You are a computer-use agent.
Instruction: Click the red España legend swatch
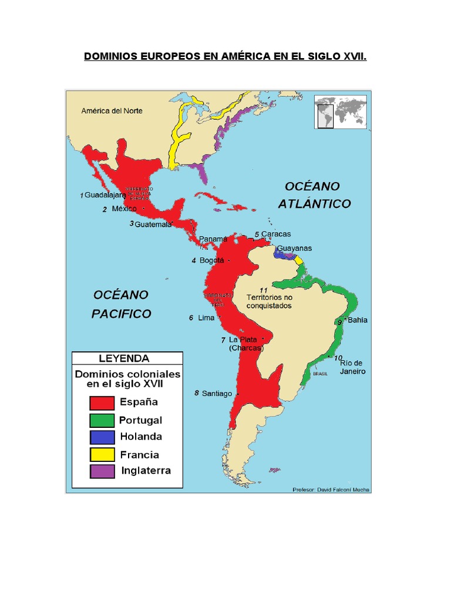[x=101, y=403]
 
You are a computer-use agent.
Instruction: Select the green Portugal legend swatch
[x=101, y=420]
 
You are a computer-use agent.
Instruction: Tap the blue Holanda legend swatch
[x=101, y=437]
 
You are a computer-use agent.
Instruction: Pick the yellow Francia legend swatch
[x=101, y=454]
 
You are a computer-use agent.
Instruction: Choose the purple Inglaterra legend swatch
[x=101, y=471]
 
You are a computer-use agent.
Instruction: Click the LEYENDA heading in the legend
[x=124, y=358]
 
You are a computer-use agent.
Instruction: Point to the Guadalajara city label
[x=105, y=195]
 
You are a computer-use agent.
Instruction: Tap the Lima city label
[x=206, y=318]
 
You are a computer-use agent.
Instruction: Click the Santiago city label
[x=217, y=393]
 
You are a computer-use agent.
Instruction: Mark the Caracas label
[x=276, y=234]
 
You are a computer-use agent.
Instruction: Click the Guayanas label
[x=294, y=248]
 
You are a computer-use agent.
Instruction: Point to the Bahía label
[x=358, y=320]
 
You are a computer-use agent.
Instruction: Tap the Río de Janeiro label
[x=353, y=367]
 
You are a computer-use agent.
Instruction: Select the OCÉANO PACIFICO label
[x=121, y=304]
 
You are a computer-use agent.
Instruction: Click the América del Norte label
[x=112, y=110]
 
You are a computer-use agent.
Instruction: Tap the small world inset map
[x=341, y=112]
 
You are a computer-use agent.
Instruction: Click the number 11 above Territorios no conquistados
[x=263, y=290]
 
